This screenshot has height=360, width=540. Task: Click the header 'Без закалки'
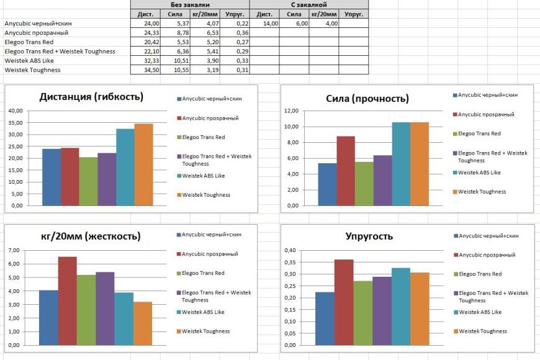point(189,4)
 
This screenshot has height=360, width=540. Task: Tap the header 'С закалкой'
point(308,4)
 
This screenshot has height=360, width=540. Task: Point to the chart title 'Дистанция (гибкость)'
point(91,97)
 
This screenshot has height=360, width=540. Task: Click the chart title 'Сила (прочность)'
point(367,99)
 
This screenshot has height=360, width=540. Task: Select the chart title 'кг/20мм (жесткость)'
point(90,236)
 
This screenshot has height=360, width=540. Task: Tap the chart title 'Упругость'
point(369,236)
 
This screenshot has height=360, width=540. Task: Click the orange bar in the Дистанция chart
point(143,164)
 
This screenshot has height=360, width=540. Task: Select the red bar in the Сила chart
point(346,171)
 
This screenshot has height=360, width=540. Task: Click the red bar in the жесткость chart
point(68,301)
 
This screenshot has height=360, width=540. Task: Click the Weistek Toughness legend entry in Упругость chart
point(482,331)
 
